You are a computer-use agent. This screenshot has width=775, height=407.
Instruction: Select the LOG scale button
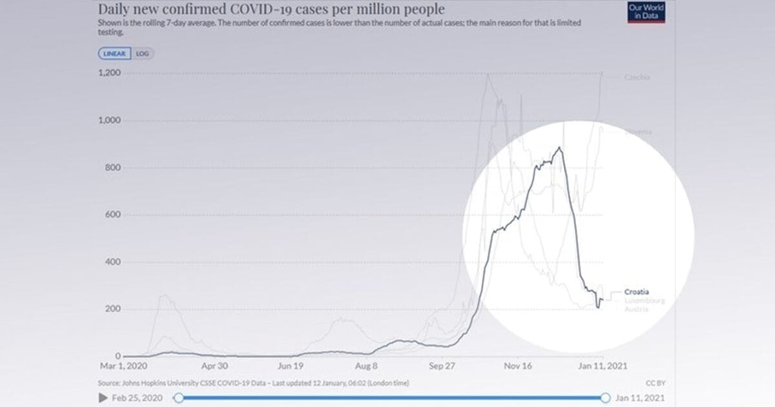pos(143,54)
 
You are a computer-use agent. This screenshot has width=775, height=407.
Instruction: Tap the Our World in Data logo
pos(646,12)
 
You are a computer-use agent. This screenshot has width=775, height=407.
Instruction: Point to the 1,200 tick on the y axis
pos(109,74)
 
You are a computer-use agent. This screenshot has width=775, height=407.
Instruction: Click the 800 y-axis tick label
pos(113,168)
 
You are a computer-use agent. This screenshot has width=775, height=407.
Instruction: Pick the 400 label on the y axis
pos(113,262)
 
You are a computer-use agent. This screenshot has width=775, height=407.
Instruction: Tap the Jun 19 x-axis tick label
pos(290,366)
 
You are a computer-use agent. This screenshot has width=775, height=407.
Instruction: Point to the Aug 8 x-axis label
pos(366,366)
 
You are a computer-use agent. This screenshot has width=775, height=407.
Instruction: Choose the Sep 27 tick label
pos(442,366)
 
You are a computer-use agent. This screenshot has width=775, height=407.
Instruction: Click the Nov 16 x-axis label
pos(519,366)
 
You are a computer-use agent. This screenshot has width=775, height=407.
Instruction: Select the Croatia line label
pos(637,292)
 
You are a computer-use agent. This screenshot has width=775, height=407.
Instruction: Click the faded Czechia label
pos(637,77)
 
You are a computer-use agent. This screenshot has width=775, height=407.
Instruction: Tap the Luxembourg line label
pos(645,301)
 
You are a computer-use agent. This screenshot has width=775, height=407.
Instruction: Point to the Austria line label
pos(637,310)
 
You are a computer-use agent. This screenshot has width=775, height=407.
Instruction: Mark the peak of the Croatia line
pos(559,148)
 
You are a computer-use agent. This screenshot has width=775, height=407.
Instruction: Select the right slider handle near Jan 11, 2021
pos(606,399)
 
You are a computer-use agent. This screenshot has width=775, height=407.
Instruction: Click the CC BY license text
pos(655,383)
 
